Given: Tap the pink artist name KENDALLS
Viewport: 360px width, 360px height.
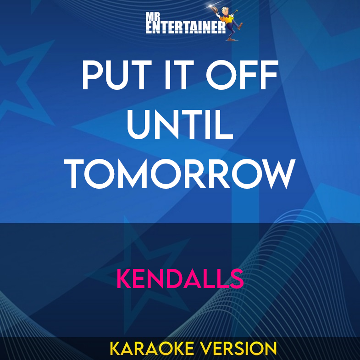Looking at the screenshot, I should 180,278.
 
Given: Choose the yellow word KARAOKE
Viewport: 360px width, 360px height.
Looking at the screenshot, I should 144,348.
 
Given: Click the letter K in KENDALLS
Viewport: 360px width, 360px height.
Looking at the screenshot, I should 125,278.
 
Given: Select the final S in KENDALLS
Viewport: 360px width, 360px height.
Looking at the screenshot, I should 236,278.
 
